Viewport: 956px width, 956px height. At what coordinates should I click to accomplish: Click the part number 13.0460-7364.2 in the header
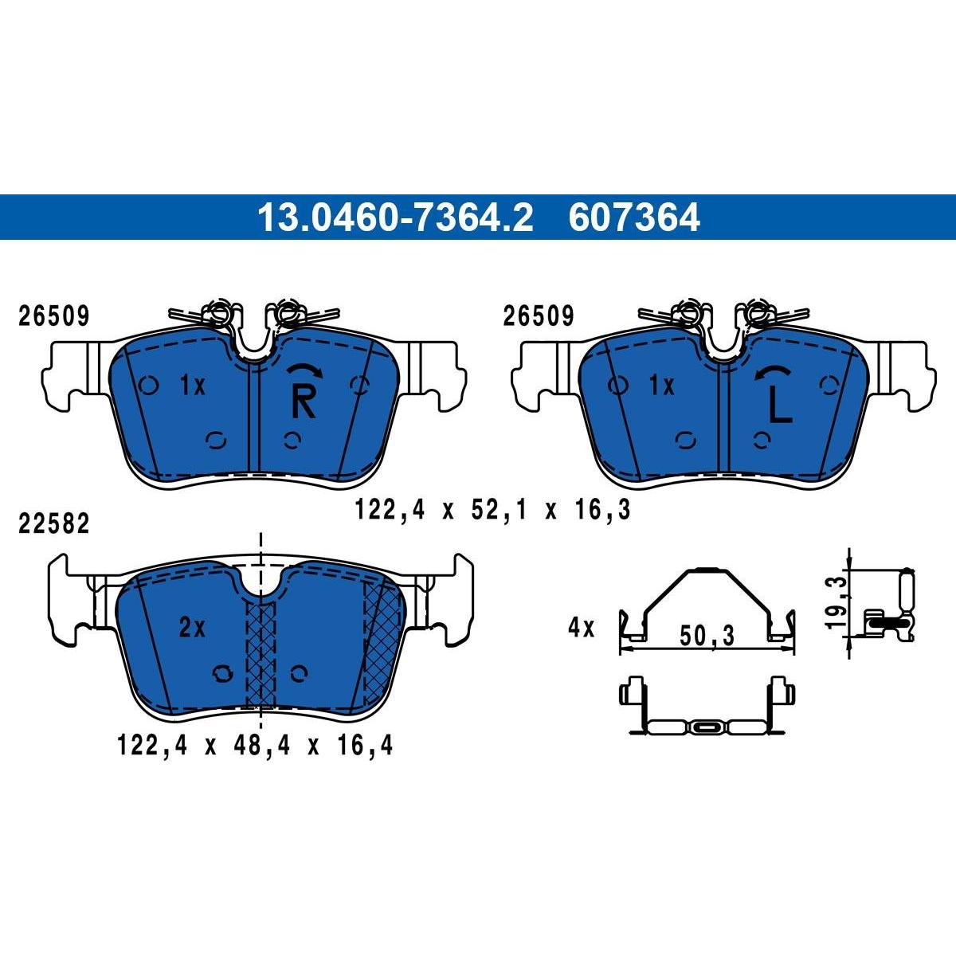coord(396,217)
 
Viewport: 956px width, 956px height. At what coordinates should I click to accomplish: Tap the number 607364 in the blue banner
coord(634,217)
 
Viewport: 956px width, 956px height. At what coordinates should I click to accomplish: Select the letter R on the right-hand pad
coord(303,402)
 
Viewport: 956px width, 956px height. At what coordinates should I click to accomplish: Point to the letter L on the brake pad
coord(779,407)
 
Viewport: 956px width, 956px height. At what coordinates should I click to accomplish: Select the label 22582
coord(53,524)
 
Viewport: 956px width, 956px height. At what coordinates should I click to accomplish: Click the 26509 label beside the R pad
coord(53,315)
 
